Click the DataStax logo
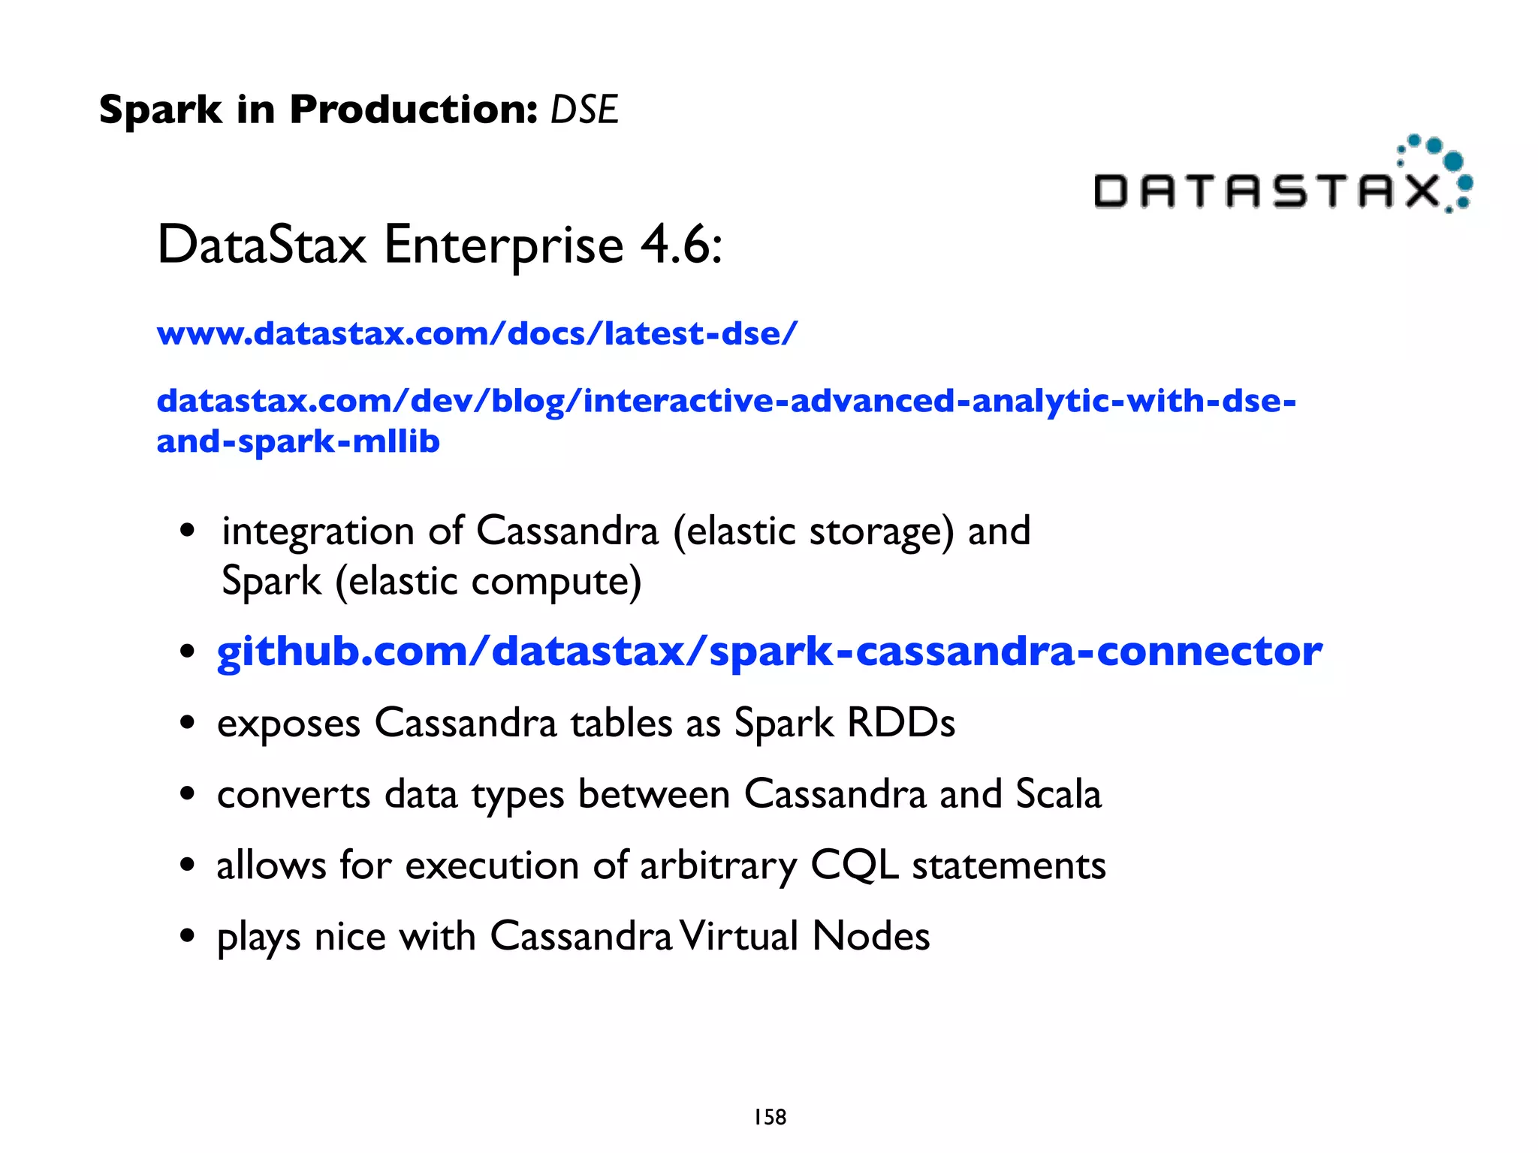(1283, 177)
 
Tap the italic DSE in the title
(584, 110)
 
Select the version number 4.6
(680, 245)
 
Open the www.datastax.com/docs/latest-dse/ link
(477, 333)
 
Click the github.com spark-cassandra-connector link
(769, 651)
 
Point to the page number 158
(770, 1117)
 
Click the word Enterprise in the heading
(503, 245)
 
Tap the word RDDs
(900, 723)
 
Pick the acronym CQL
(854, 866)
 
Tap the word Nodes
(870, 936)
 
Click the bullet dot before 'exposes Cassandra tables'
(187, 724)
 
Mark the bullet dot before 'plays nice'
(187, 937)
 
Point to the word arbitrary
(718, 866)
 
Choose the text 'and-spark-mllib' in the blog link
(297, 441)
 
